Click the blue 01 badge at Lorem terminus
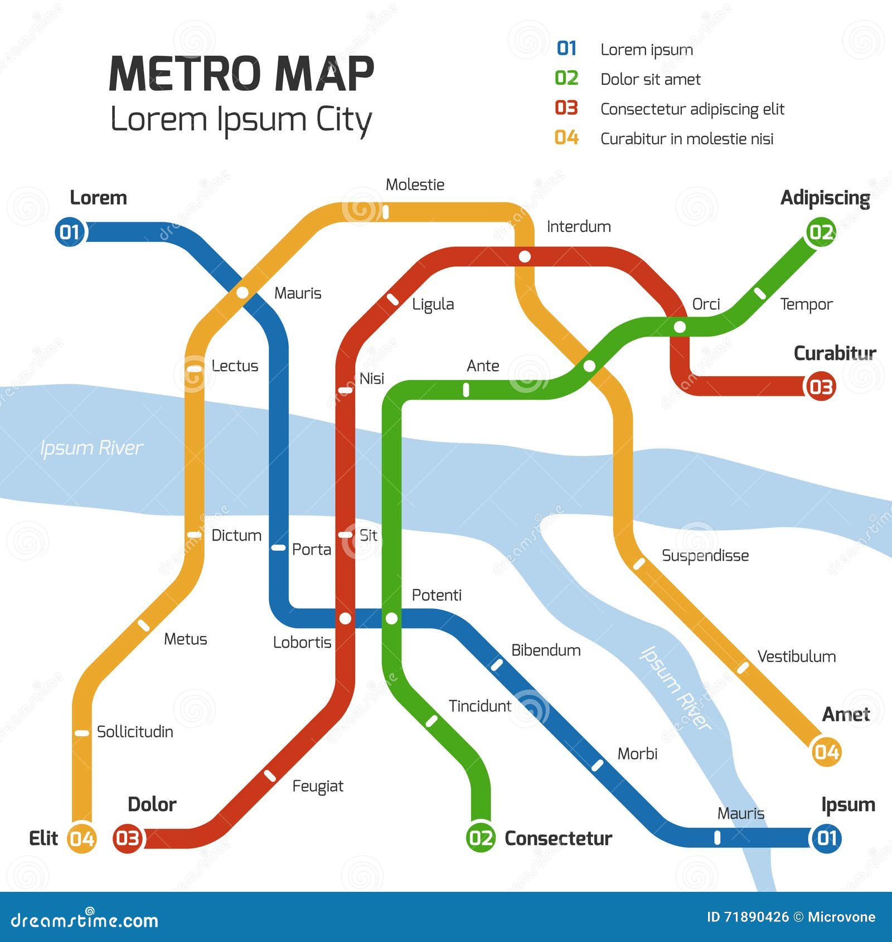(70, 232)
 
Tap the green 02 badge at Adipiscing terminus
(821, 232)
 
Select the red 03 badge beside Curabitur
(820, 386)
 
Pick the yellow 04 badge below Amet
(826, 752)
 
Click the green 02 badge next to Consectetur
(481, 838)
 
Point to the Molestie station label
(415, 184)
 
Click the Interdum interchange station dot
(525, 256)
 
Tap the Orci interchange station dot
(680, 327)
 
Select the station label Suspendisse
(705, 556)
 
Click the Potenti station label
(437, 595)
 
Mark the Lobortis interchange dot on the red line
(346, 618)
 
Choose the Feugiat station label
(318, 786)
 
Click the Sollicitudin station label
(135, 732)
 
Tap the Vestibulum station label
(796, 657)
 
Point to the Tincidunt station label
(479, 706)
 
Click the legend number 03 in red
(566, 108)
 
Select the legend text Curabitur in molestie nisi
(687, 139)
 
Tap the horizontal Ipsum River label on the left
(91, 448)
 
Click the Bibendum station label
(545, 650)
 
